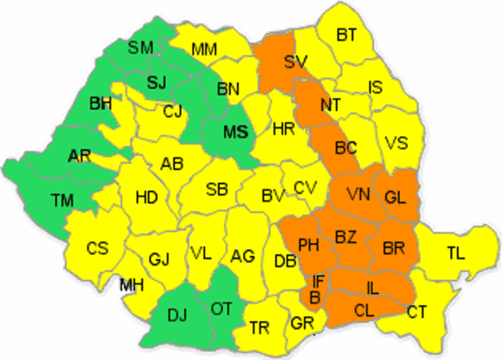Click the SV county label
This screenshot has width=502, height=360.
295,61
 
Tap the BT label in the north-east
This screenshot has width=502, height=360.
346,35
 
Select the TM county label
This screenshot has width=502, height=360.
63,201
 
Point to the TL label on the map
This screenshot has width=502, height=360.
455,253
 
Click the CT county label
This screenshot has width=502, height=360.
416,312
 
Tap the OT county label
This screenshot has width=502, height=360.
221,309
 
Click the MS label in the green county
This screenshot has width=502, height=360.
235,132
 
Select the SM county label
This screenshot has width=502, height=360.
141,48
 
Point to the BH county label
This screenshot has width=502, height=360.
101,103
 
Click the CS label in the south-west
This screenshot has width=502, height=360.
97,248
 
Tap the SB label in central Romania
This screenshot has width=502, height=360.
217,189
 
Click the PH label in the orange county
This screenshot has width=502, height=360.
308,245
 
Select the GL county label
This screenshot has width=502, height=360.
395,197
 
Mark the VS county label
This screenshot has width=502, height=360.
397,144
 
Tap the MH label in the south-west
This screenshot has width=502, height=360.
131,285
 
